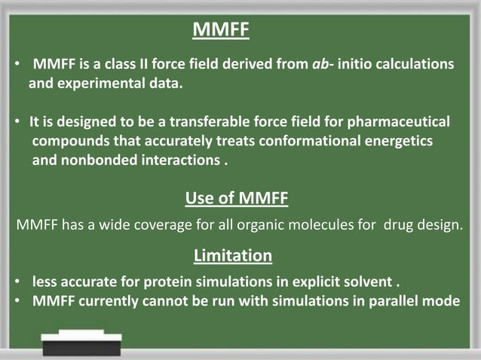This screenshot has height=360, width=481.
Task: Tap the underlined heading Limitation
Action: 232,256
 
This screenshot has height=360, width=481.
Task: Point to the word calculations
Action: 415,65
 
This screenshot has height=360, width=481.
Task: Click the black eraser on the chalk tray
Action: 81,346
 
